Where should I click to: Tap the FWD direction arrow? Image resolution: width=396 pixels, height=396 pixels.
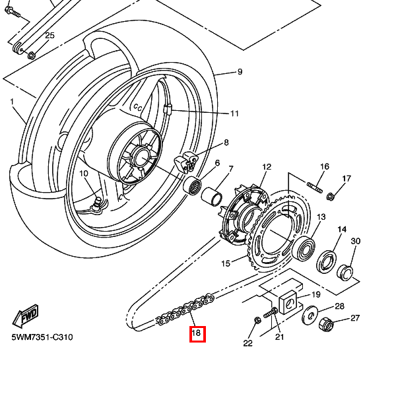pyautogui.click(x=26, y=315)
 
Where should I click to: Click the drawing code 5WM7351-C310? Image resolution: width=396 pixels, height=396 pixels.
pyautogui.click(x=42, y=337)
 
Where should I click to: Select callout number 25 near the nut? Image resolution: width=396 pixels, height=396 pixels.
pyautogui.click(x=49, y=36)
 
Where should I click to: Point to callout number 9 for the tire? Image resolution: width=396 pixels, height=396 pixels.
pyautogui.click(x=240, y=72)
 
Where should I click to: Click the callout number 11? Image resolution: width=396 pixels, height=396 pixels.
pyautogui.click(x=234, y=114)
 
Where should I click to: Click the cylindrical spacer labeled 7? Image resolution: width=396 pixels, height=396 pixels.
pyautogui.click(x=212, y=196)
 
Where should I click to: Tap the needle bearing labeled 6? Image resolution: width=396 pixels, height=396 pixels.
pyautogui.click(x=192, y=185)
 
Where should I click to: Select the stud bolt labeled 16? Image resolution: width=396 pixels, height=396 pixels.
pyautogui.click(x=315, y=187)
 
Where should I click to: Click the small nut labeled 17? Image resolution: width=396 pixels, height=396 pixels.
pyautogui.click(x=331, y=197)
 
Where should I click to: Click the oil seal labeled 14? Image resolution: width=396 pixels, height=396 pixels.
pyautogui.click(x=326, y=261)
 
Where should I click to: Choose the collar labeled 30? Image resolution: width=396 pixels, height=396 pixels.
pyautogui.click(x=345, y=272)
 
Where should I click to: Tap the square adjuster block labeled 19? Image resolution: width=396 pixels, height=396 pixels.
pyautogui.click(x=288, y=302)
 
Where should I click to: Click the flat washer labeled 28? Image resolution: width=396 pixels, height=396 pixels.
pyautogui.click(x=310, y=315)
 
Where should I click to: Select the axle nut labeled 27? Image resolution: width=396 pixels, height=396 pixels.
pyautogui.click(x=326, y=325)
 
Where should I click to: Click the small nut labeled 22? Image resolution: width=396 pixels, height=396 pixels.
pyautogui.click(x=257, y=321)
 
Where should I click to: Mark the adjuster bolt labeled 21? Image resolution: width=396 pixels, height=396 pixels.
pyautogui.click(x=271, y=313)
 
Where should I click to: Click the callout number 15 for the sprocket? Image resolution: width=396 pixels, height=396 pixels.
pyautogui.click(x=226, y=263)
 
